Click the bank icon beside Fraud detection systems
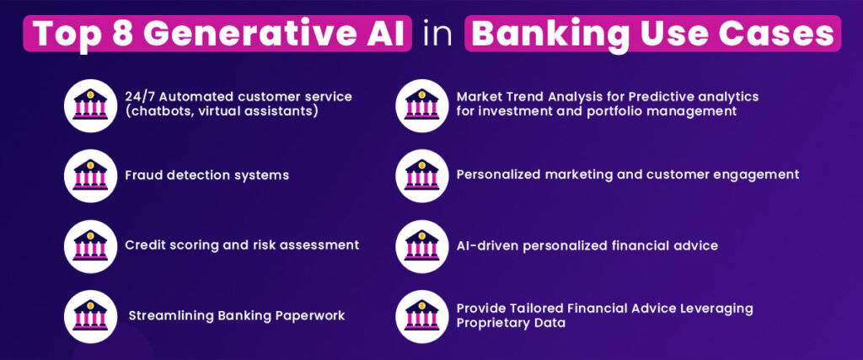[x=90, y=175]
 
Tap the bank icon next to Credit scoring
[x=90, y=244]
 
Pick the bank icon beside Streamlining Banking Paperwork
[x=90, y=315]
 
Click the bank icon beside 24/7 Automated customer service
[x=90, y=104]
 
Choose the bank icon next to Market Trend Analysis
[x=422, y=104]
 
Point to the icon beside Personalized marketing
[x=422, y=175]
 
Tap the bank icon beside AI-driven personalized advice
[x=422, y=244]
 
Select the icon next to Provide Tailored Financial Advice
[x=422, y=315]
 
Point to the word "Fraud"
[x=143, y=175]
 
